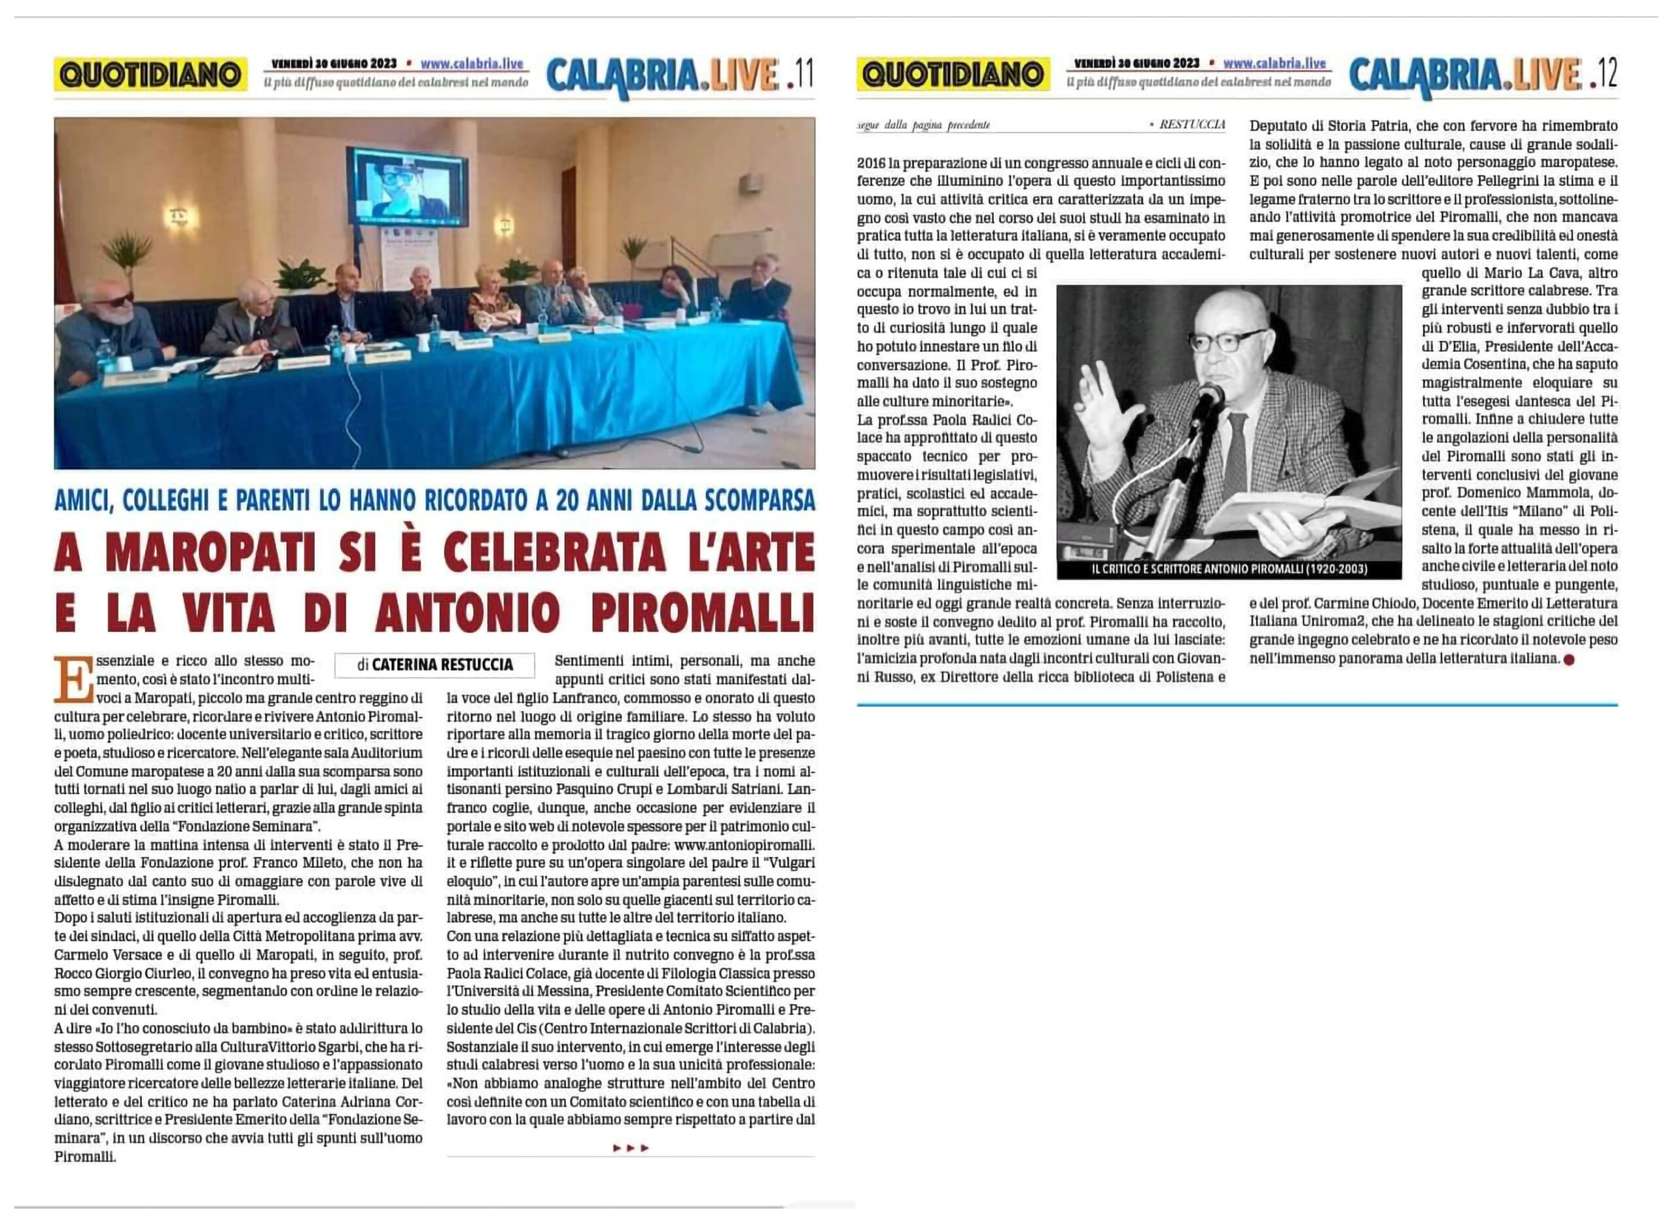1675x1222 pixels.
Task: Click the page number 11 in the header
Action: [x=803, y=73]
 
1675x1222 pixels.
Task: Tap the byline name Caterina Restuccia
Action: [x=442, y=664]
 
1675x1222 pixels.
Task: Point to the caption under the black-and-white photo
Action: [x=1229, y=570]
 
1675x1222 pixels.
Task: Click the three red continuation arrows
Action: [x=630, y=1148]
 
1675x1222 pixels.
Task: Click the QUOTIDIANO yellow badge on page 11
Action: [x=150, y=75]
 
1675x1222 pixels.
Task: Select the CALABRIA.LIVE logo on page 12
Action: [x=1465, y=74]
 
